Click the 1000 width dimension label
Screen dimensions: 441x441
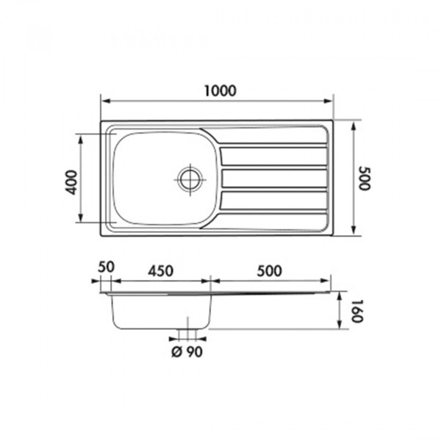pos(220,91)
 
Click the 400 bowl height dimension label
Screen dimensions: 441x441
pos(71,182)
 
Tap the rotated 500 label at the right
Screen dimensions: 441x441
pos(365,179)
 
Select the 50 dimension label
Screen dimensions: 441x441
pos(106,267)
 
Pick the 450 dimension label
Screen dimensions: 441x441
pos(160,270)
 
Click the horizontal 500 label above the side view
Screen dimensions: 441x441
pos(269,270)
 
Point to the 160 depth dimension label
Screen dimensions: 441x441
pos(357,311)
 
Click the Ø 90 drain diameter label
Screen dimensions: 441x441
pos(187,351)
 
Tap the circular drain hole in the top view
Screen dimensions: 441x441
pos(190,179)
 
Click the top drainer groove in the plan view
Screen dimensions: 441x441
pos(273,156)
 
